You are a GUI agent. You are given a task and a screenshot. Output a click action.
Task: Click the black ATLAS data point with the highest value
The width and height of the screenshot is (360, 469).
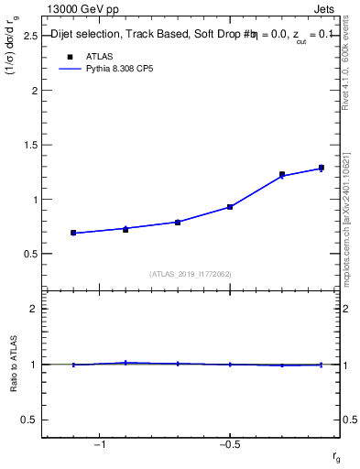(x=321, y=168)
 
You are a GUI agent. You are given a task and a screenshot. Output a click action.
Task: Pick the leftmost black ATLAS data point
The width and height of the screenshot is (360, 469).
(x=73, y=233)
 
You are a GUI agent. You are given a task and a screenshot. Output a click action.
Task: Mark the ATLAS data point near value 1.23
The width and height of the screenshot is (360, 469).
(x=282, y=174)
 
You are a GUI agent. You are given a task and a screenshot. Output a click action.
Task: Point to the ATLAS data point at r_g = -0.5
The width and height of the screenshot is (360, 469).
(x=230, y=207)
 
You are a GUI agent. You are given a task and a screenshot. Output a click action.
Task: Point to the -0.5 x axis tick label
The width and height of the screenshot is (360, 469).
(x=227, y=445)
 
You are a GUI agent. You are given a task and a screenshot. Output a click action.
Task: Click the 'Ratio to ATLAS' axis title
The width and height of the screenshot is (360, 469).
(x=13, y=365)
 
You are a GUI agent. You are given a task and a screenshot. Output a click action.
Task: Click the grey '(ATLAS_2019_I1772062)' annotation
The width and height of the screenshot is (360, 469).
(x=191, y=273)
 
